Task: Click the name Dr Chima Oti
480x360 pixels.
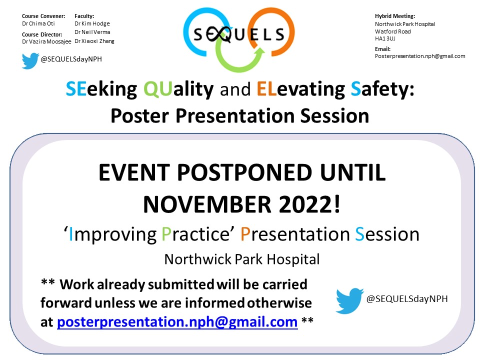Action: tap(38, 23)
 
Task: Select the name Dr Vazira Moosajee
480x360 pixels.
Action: tap(46, 41)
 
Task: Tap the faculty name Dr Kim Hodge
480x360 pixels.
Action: tap(92, 23)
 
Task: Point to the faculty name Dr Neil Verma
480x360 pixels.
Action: tap(92, 32)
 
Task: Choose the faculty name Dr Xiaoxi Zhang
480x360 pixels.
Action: tap(94, 41)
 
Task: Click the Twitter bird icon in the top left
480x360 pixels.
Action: tap(30, 60)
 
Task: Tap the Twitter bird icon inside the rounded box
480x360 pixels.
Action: tap(349, 299)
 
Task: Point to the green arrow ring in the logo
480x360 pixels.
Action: tap(235, 60)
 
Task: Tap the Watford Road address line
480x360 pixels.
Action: tap(393, 31)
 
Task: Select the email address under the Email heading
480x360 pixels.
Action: tap(420, 56)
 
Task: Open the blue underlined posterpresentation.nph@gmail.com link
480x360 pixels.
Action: tap(177, 322)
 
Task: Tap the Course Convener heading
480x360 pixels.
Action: tap(43, 16)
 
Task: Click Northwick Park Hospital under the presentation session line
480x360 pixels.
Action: tap(241, 259)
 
